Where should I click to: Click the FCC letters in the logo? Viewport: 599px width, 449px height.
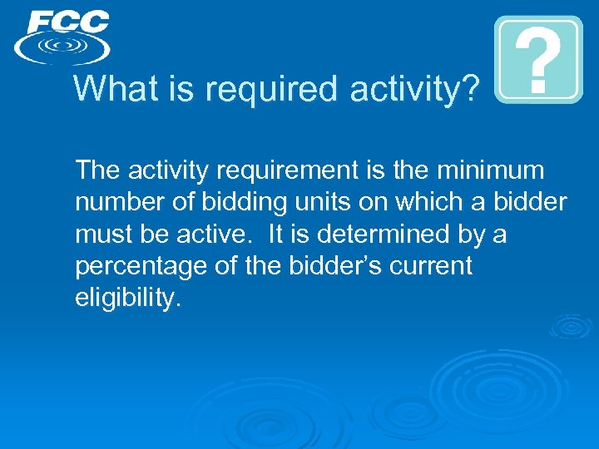coord(67,22)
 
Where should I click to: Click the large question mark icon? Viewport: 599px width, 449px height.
coord(538,60)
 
